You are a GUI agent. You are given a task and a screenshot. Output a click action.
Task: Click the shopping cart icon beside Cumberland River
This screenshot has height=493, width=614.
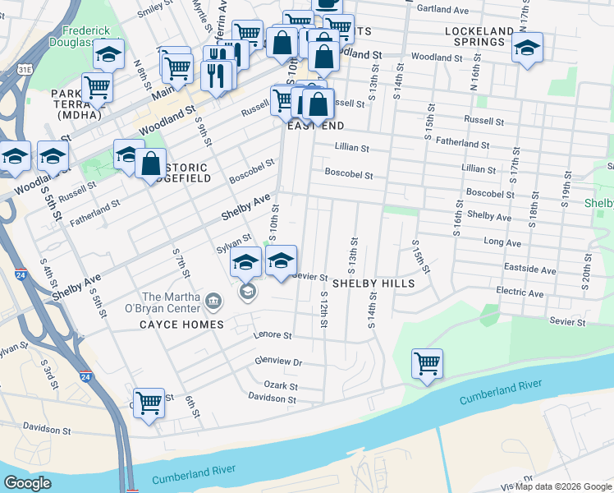coord(427,362)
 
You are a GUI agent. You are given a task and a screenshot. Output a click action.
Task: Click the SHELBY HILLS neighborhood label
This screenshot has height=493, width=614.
coord(373,283)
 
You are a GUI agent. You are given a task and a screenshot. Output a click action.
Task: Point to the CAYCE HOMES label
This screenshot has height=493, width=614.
coord(181,325)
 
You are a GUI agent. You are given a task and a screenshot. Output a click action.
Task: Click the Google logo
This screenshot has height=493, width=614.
coord(27,482)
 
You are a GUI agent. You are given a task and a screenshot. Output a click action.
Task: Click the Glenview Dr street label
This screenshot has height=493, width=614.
coord(278,362)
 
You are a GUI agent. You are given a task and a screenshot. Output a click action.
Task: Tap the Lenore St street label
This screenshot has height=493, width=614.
coord(273,335)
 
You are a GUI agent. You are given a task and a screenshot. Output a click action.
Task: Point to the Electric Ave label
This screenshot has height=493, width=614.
coord(520,293)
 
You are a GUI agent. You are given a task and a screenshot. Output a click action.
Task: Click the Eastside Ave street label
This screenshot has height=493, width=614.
coord(531,270)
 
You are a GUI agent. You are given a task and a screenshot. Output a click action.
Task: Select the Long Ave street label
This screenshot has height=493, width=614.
coord(502,243)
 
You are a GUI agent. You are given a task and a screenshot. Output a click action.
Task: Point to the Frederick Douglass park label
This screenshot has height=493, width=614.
coord(79,36)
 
